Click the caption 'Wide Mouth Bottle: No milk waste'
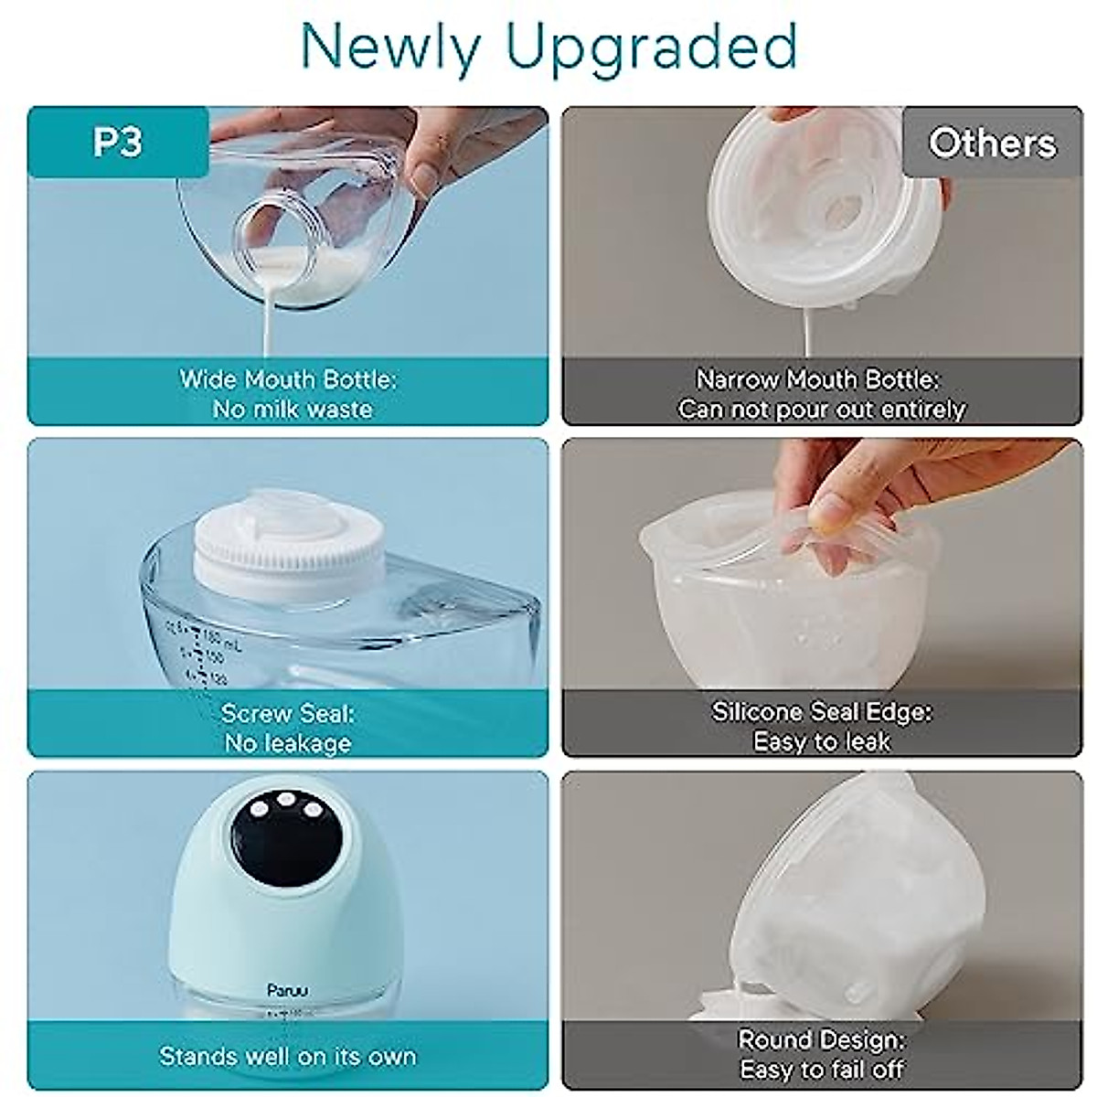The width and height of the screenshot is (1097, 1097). (x=290, y=394)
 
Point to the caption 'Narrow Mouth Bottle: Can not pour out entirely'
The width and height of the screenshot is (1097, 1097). (x=820, y=394)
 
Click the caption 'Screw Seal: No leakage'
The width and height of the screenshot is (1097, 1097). (x=288, y=728)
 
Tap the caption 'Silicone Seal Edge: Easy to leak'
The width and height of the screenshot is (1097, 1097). (x=822, y=727)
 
